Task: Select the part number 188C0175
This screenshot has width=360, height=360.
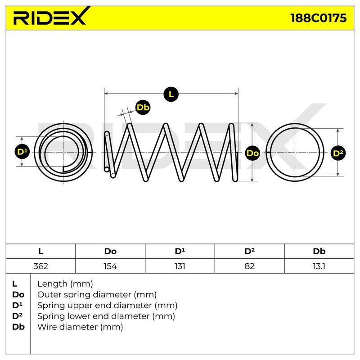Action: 318,18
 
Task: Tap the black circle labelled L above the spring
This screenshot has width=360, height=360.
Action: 171,94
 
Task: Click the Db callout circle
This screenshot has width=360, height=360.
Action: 143,107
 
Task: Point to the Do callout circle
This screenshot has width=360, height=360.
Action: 252,153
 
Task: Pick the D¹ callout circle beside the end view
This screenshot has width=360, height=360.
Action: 22,152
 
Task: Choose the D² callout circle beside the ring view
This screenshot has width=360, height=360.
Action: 338,153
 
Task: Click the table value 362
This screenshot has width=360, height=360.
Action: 40,266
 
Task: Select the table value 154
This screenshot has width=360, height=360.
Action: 110,266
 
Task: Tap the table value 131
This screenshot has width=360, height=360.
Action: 180,266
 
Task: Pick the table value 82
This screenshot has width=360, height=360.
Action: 250,266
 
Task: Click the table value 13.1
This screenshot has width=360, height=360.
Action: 319,266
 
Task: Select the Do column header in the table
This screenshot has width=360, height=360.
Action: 110,252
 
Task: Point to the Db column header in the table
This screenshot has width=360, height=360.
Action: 319,252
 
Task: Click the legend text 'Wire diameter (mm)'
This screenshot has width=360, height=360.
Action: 80,327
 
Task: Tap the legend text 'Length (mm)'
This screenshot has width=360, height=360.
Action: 65,284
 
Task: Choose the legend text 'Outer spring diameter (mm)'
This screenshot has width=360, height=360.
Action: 97,295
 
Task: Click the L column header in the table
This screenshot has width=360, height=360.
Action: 40,252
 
